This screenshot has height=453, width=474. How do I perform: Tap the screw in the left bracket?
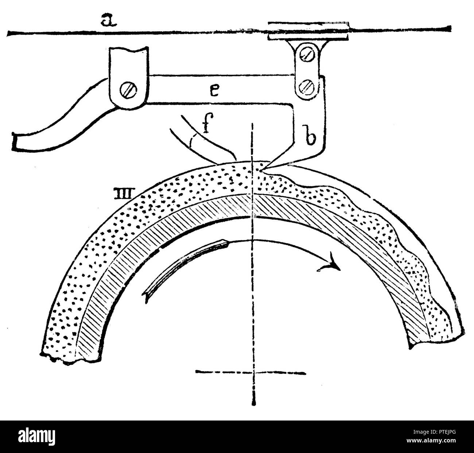pos(128,91)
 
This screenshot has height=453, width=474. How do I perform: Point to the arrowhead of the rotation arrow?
pos(330,264)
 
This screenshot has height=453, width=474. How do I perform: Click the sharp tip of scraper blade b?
pos(261,170)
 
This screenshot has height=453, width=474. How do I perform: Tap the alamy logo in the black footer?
pos(37,435)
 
